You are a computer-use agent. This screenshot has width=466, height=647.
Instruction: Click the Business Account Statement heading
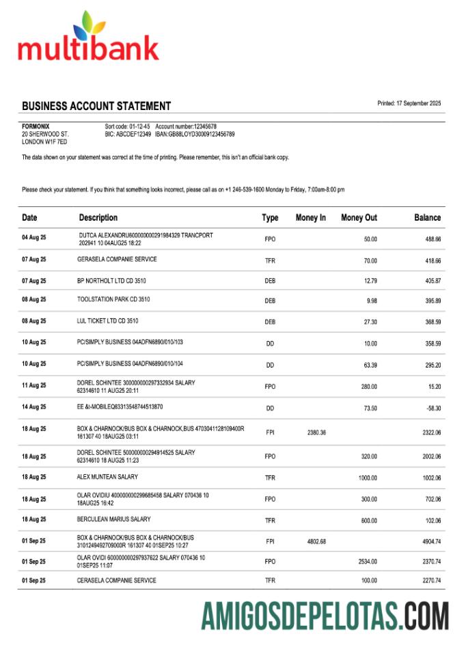point(96,106)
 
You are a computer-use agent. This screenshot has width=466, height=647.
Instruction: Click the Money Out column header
point(359,218)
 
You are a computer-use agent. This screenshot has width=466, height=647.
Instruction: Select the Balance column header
point(427,218)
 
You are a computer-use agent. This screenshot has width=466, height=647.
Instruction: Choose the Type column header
point(270,218)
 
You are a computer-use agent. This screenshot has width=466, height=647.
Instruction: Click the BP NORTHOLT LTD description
point(111,281)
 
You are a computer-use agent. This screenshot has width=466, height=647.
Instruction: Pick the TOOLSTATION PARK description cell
point(113,300)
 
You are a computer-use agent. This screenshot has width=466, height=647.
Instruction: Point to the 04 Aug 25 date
point(34,239)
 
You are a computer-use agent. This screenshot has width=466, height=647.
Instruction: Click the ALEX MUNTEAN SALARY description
point(107,477)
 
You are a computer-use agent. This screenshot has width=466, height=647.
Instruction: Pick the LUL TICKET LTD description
point(108,320)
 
